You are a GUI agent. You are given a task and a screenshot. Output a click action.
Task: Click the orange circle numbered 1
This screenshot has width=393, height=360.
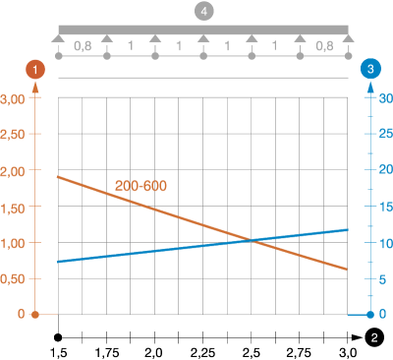point(35,69)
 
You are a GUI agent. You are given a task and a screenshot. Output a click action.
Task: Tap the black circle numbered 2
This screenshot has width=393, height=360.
point(374,337)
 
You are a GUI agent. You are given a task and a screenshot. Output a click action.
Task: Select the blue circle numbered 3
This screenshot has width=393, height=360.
point(370,69)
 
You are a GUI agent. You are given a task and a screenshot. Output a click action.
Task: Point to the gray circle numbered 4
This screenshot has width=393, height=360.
point(203,12)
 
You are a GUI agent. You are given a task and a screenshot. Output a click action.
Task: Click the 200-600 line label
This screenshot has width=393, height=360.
point(140,186)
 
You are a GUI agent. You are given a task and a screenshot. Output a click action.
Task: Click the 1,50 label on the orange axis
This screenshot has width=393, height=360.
point(13,209)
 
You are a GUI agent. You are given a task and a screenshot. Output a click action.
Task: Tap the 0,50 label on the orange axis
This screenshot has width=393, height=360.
point(13,279)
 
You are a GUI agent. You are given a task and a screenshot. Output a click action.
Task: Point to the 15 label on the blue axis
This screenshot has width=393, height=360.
point(386,207)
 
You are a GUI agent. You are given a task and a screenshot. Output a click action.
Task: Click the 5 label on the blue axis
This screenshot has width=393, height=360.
point(382,279)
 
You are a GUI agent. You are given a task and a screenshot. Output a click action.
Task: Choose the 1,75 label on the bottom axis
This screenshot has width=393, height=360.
point(107,353)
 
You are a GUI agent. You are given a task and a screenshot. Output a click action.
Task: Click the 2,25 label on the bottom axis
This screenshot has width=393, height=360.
point(202,353)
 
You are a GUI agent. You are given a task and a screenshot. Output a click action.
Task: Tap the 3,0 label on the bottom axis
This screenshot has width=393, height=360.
point(348,353)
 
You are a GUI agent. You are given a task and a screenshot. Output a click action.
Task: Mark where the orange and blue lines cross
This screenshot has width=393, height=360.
point(252,241)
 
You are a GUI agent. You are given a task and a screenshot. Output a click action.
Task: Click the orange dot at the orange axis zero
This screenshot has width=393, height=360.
point(35,315)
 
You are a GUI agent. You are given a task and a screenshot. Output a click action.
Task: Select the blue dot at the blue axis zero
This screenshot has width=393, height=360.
point(370,315)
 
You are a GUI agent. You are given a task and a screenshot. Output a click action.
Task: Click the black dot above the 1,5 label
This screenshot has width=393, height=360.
point(58,337)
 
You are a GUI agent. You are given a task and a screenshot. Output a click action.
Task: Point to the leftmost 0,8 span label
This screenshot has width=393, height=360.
point(83,46)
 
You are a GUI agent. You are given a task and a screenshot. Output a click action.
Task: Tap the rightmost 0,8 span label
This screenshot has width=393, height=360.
point(324,46)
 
